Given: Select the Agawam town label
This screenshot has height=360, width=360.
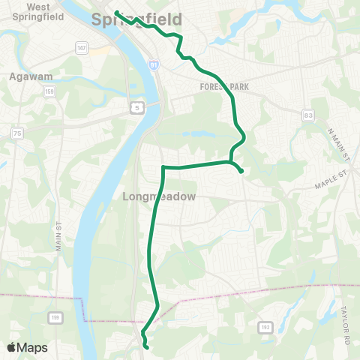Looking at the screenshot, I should coord(30,76).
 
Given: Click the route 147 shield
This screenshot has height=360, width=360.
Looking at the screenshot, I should coord(81,47).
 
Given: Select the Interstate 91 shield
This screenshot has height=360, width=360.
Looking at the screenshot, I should coord(153,66).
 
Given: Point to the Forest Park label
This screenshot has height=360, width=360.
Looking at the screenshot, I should coord(224,87).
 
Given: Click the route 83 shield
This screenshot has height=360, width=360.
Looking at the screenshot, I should coord(308,115).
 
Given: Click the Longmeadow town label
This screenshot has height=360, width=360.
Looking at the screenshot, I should coord(158,196).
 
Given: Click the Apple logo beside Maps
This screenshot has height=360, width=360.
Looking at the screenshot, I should coord(12,347).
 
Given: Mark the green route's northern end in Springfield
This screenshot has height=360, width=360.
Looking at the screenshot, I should coord(116,11).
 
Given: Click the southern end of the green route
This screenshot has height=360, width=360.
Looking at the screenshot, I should coord(146,348).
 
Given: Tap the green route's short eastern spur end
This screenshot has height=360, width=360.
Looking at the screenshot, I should coord(241,172).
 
